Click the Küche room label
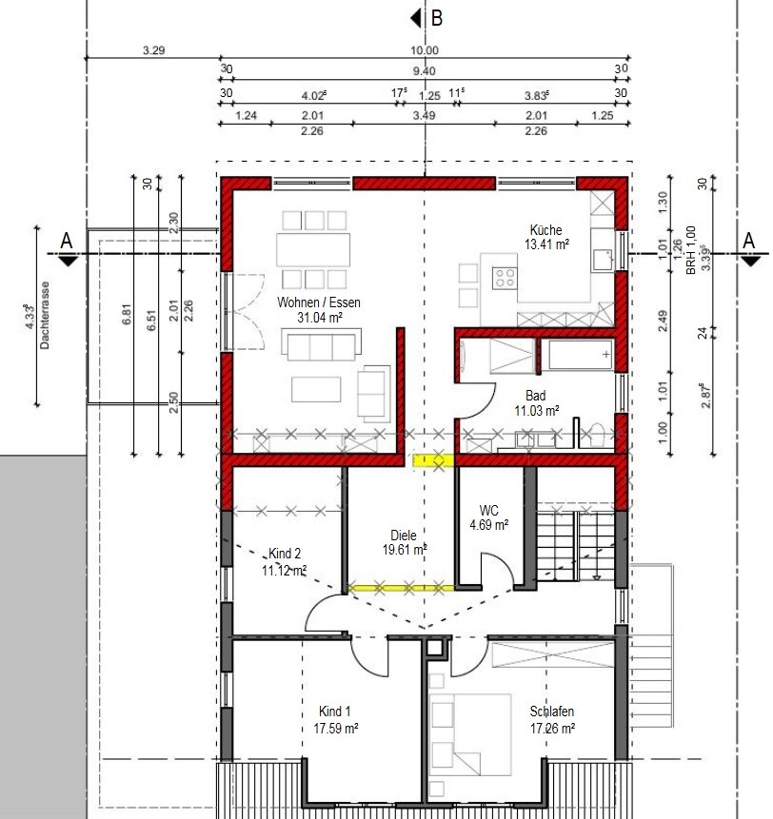tap(545, 230)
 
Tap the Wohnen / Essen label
tap(318, 302)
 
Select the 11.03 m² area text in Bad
tap(536, 411)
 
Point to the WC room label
tap(488, 510)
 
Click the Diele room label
tap(404, 536)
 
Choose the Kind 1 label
tap(334, 711)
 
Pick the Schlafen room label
tap(552, 711)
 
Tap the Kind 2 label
tap(285, 554)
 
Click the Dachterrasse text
tap(45, 316)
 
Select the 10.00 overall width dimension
tap(425, 50)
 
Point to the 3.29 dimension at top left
tap(153, 50)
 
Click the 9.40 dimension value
tap(424, 70)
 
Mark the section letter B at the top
tap(437, 18)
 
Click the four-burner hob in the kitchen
tap(505, 278)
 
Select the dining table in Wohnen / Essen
tap(313, 250)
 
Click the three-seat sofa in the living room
tap(322, 344)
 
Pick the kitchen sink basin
tap(603, 260)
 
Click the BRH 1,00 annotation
tap(690, 250)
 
